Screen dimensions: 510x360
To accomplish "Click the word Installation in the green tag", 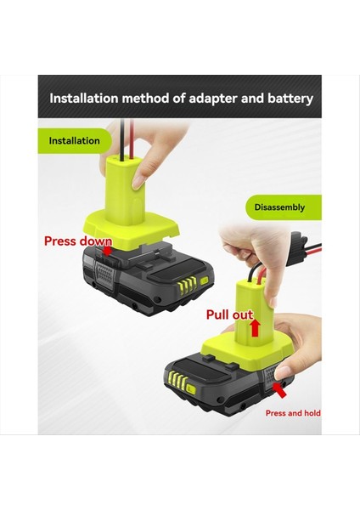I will pos(74,140).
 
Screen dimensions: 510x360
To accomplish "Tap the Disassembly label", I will pos(280,207).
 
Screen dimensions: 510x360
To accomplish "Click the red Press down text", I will pos(78,241).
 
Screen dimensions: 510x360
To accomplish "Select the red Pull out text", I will pos(230,314).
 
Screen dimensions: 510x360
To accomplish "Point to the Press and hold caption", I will pos(292,412).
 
